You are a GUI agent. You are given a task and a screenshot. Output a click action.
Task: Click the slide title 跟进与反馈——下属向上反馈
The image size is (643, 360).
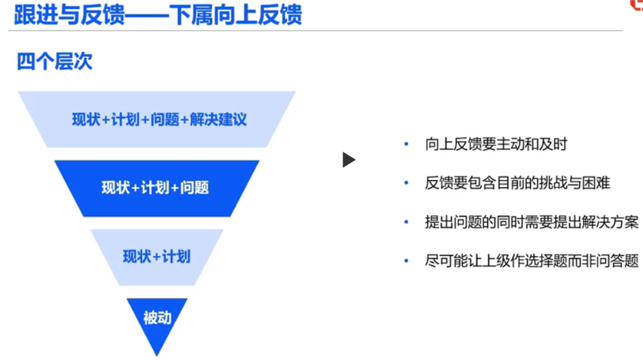(158, 15)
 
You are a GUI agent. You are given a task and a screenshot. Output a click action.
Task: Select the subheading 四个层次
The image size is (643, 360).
(54, 61)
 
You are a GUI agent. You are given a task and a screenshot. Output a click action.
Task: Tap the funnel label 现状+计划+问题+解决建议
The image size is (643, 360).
(159, 119)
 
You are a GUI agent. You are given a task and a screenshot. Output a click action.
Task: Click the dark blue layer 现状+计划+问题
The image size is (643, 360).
(155, 188)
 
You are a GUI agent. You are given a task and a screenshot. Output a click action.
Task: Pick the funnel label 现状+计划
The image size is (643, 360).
(156, 257)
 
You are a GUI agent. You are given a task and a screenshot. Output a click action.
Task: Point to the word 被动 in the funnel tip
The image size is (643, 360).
(157, 317)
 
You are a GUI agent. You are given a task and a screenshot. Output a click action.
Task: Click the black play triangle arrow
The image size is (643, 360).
(348, 160)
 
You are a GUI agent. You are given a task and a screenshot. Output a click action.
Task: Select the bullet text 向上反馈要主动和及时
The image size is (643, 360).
(496, 144)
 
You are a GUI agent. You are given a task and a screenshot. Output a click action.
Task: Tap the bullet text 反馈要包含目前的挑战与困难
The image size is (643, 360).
(517, 183)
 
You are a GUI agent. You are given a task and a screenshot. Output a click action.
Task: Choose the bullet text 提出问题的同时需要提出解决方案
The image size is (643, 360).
(531, 222)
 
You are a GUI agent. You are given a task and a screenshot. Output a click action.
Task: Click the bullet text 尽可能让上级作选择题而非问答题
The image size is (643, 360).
(531, 261)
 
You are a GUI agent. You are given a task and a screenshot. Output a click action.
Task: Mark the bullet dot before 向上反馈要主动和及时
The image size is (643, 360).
(406, 144)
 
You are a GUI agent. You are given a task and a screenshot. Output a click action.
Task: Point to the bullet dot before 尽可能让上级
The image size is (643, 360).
(406, 261)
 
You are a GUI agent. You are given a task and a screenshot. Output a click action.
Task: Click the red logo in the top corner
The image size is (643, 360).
(636, 5)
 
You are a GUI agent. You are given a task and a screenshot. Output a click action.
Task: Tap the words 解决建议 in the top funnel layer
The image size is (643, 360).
(218, 119)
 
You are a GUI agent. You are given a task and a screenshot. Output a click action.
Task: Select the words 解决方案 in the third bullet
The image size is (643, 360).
(610, 222)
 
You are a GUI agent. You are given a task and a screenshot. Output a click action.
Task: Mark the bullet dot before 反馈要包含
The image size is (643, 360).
(406, 183)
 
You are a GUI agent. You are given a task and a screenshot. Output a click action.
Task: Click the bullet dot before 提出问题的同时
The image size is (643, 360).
(406, 222)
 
